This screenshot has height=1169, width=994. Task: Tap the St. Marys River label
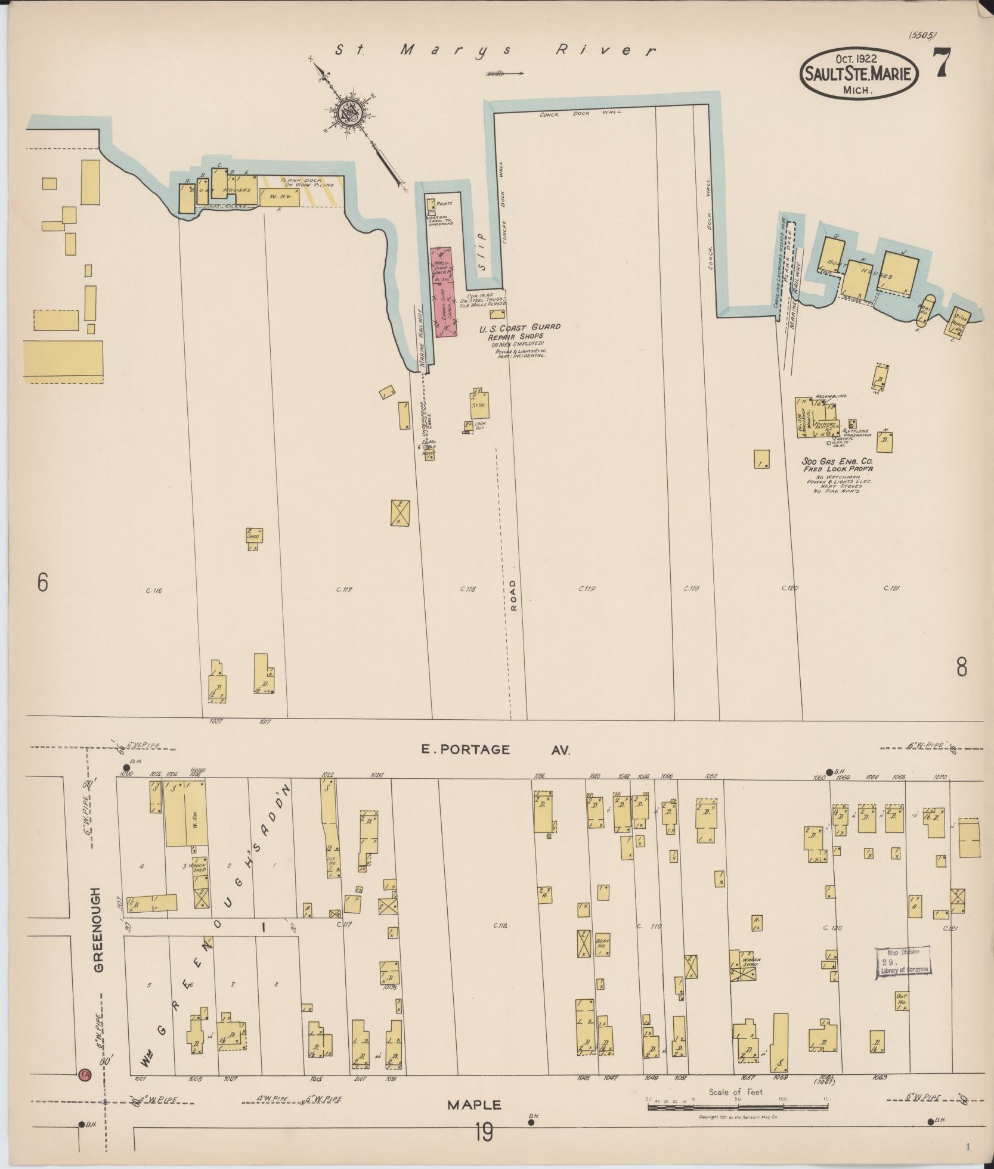point(495,50)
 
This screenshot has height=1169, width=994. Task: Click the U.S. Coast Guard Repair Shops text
point(519,332)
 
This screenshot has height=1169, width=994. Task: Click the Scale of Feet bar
point(738,1107)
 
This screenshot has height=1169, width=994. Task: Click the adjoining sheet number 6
point(42,583)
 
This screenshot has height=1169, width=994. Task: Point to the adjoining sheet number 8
point(962,668)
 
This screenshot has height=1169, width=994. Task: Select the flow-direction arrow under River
point(504,74)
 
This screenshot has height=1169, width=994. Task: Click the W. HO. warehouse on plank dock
point(278,197)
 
